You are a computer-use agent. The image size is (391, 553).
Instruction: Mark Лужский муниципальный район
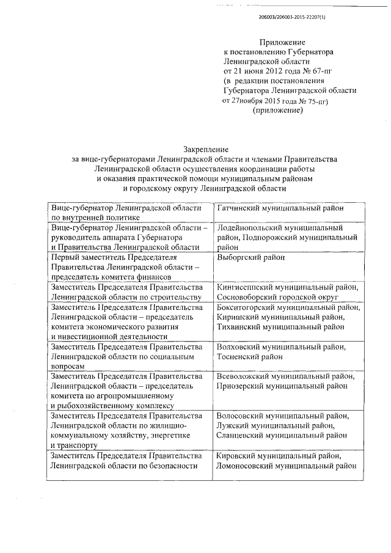point(276,425)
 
